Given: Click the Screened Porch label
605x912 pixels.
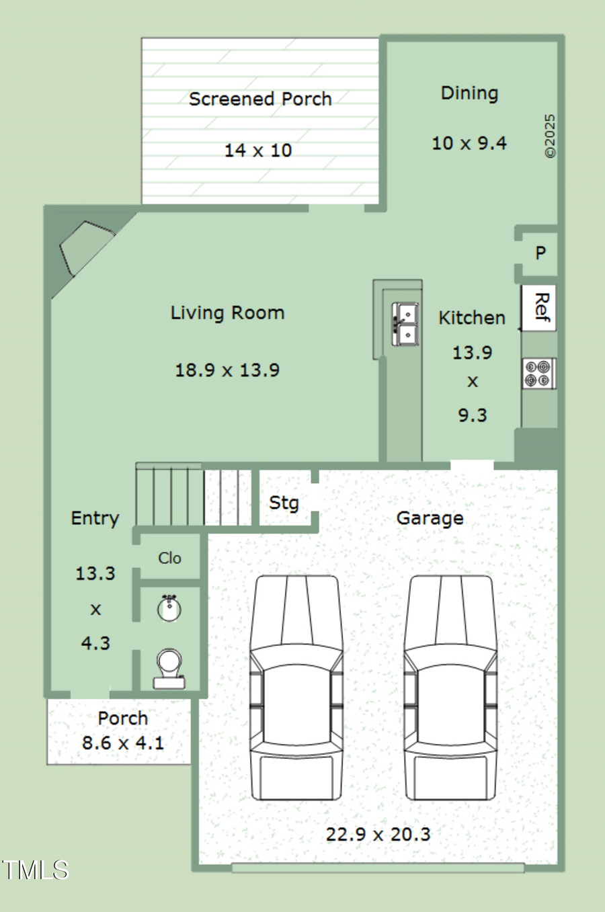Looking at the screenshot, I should point(260,99).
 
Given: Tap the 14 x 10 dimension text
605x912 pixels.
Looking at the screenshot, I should point(258,151).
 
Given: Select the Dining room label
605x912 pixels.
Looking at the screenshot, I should point(469,93).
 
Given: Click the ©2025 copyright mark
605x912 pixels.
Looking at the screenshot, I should point(551,136).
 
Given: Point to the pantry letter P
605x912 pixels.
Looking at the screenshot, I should point(540,253).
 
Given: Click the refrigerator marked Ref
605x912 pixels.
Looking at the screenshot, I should point(540,308).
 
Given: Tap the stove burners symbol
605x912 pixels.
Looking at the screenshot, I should point(538,374).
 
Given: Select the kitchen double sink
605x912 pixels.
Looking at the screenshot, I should point(405,324).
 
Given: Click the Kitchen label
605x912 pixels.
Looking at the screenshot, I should point(472,318).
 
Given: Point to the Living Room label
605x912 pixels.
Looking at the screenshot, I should point(227,313).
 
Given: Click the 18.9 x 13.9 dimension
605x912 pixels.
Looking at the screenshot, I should point(227,370).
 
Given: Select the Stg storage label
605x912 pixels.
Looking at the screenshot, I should point(284,503).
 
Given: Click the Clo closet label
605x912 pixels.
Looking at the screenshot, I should point(169,558).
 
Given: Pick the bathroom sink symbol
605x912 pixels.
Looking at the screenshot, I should point(169,608).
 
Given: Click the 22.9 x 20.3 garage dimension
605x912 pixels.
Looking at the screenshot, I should point(378,835).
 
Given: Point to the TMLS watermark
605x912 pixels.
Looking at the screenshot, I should point(35,870).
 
